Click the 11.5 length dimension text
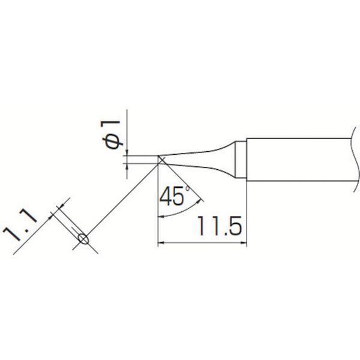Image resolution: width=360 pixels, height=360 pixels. (218, 227)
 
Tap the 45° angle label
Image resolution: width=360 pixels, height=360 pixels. (175, 195)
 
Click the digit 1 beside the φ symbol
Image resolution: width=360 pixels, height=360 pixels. (116, 126)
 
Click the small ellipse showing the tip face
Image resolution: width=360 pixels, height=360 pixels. (83, 239)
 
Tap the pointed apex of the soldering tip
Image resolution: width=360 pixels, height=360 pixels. (160, 158)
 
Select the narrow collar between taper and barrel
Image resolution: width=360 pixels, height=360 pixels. (240, 160)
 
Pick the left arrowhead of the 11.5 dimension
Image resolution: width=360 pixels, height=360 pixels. (161, 242)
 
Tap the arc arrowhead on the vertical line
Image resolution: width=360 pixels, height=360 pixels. (160, 215)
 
